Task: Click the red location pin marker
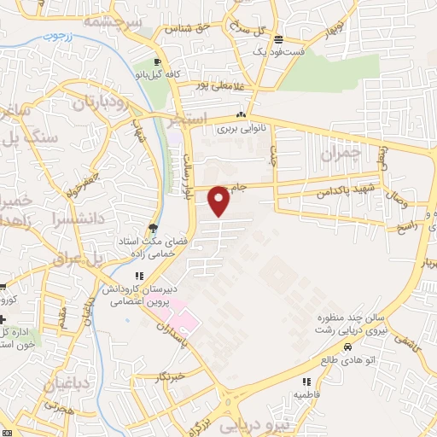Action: point(219,201)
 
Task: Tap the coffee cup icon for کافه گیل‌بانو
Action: point(157,61)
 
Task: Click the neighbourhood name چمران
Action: point(342,154)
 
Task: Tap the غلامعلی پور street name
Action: point(214,84)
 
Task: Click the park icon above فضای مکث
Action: point(152,228)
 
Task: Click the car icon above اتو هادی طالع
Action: point(348,347)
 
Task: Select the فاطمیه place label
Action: point(306,395)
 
